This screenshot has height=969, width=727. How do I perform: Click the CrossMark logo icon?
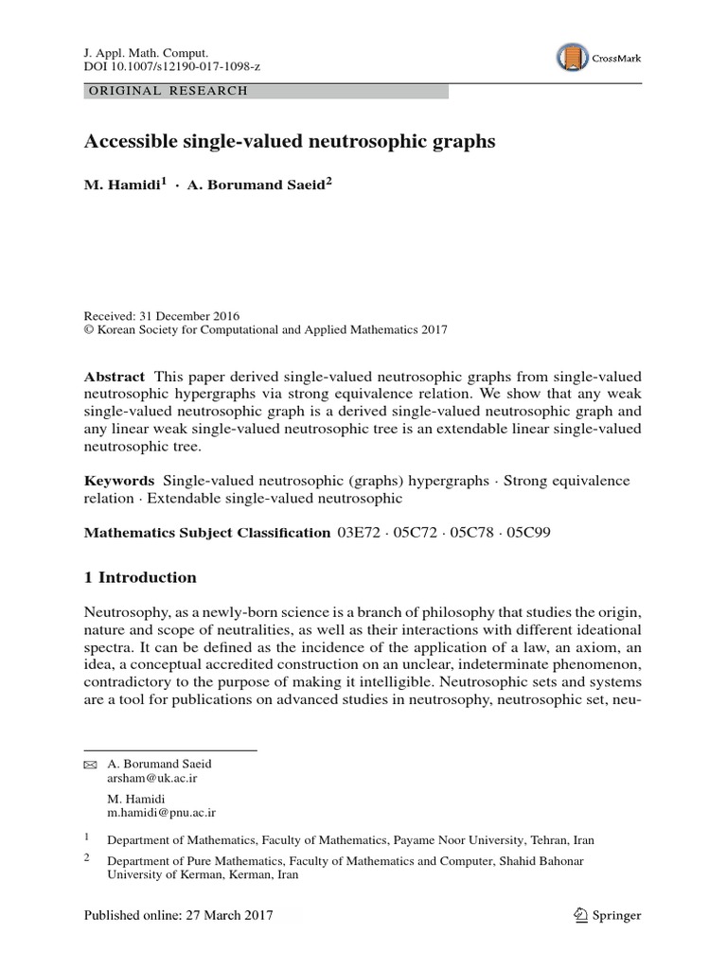click(573, 58)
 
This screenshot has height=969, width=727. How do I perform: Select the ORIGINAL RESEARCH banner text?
click(167, 92)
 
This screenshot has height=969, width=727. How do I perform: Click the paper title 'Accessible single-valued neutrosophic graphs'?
click(290, 142)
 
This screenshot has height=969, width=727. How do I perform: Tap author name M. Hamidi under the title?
click(122, 185)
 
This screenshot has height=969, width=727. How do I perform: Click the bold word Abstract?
click(114, 376)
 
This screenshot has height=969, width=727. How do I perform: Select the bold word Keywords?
click(118, 481)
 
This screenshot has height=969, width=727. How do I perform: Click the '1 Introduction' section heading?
click(141, 577)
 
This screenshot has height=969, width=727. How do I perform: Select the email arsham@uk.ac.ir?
click(152, 778)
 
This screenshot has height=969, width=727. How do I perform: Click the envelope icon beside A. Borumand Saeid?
click(91, 764)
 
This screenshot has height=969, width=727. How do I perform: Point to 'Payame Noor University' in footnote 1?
click(459, 839)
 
